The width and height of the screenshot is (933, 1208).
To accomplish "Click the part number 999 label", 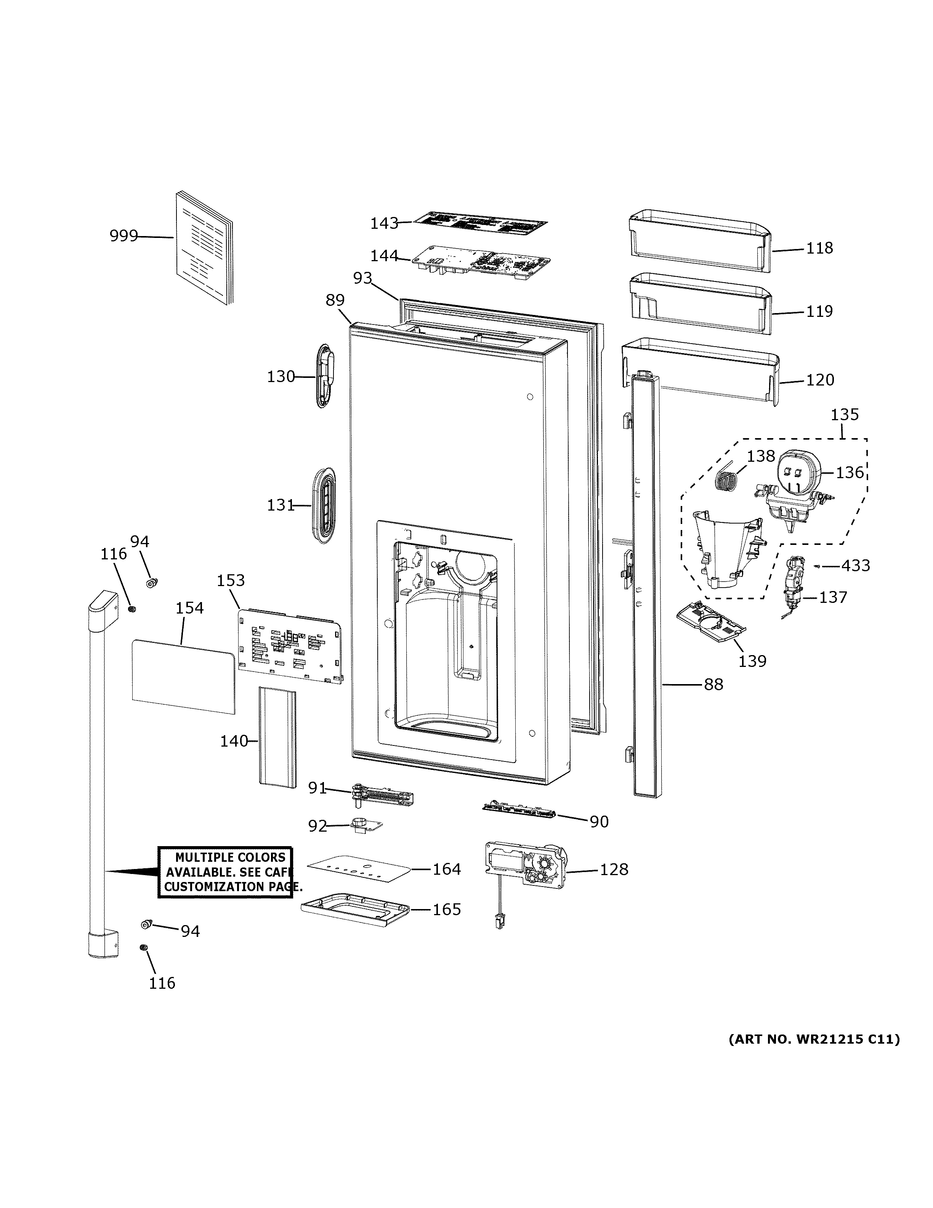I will click(x=123, y=236).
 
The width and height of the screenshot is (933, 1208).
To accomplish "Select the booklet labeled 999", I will click(x=204, y=249).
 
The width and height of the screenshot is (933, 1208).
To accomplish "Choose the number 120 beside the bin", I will click(x=820, y=380).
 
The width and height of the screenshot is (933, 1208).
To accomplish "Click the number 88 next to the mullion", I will click(x=713, y=685).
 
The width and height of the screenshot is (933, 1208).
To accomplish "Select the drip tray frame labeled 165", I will click(x=356, y=910).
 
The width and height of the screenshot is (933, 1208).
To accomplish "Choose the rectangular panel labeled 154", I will click(x=183, y=676).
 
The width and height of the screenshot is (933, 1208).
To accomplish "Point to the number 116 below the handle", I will click(x=162, y=983).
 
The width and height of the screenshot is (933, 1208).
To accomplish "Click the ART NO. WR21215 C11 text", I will click(x=814, y=1039).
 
